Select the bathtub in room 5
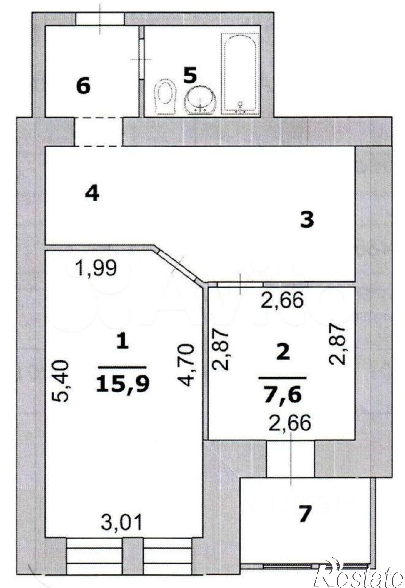point(240,73)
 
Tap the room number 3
point(307,220)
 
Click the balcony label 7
point(304,514)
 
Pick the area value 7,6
point(283,395)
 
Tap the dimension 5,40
point(61,381)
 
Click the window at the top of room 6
point(100,19)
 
